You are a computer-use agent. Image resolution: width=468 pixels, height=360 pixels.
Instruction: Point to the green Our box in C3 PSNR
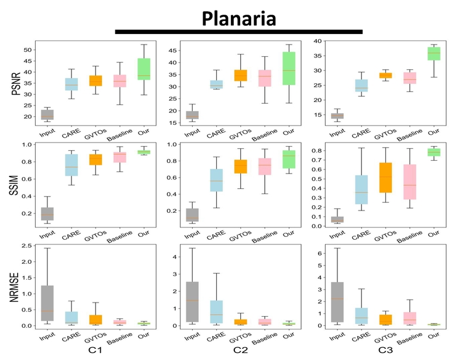[x=434, y=54]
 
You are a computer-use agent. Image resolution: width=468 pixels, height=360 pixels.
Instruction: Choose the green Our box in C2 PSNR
[x=288, y=69]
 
